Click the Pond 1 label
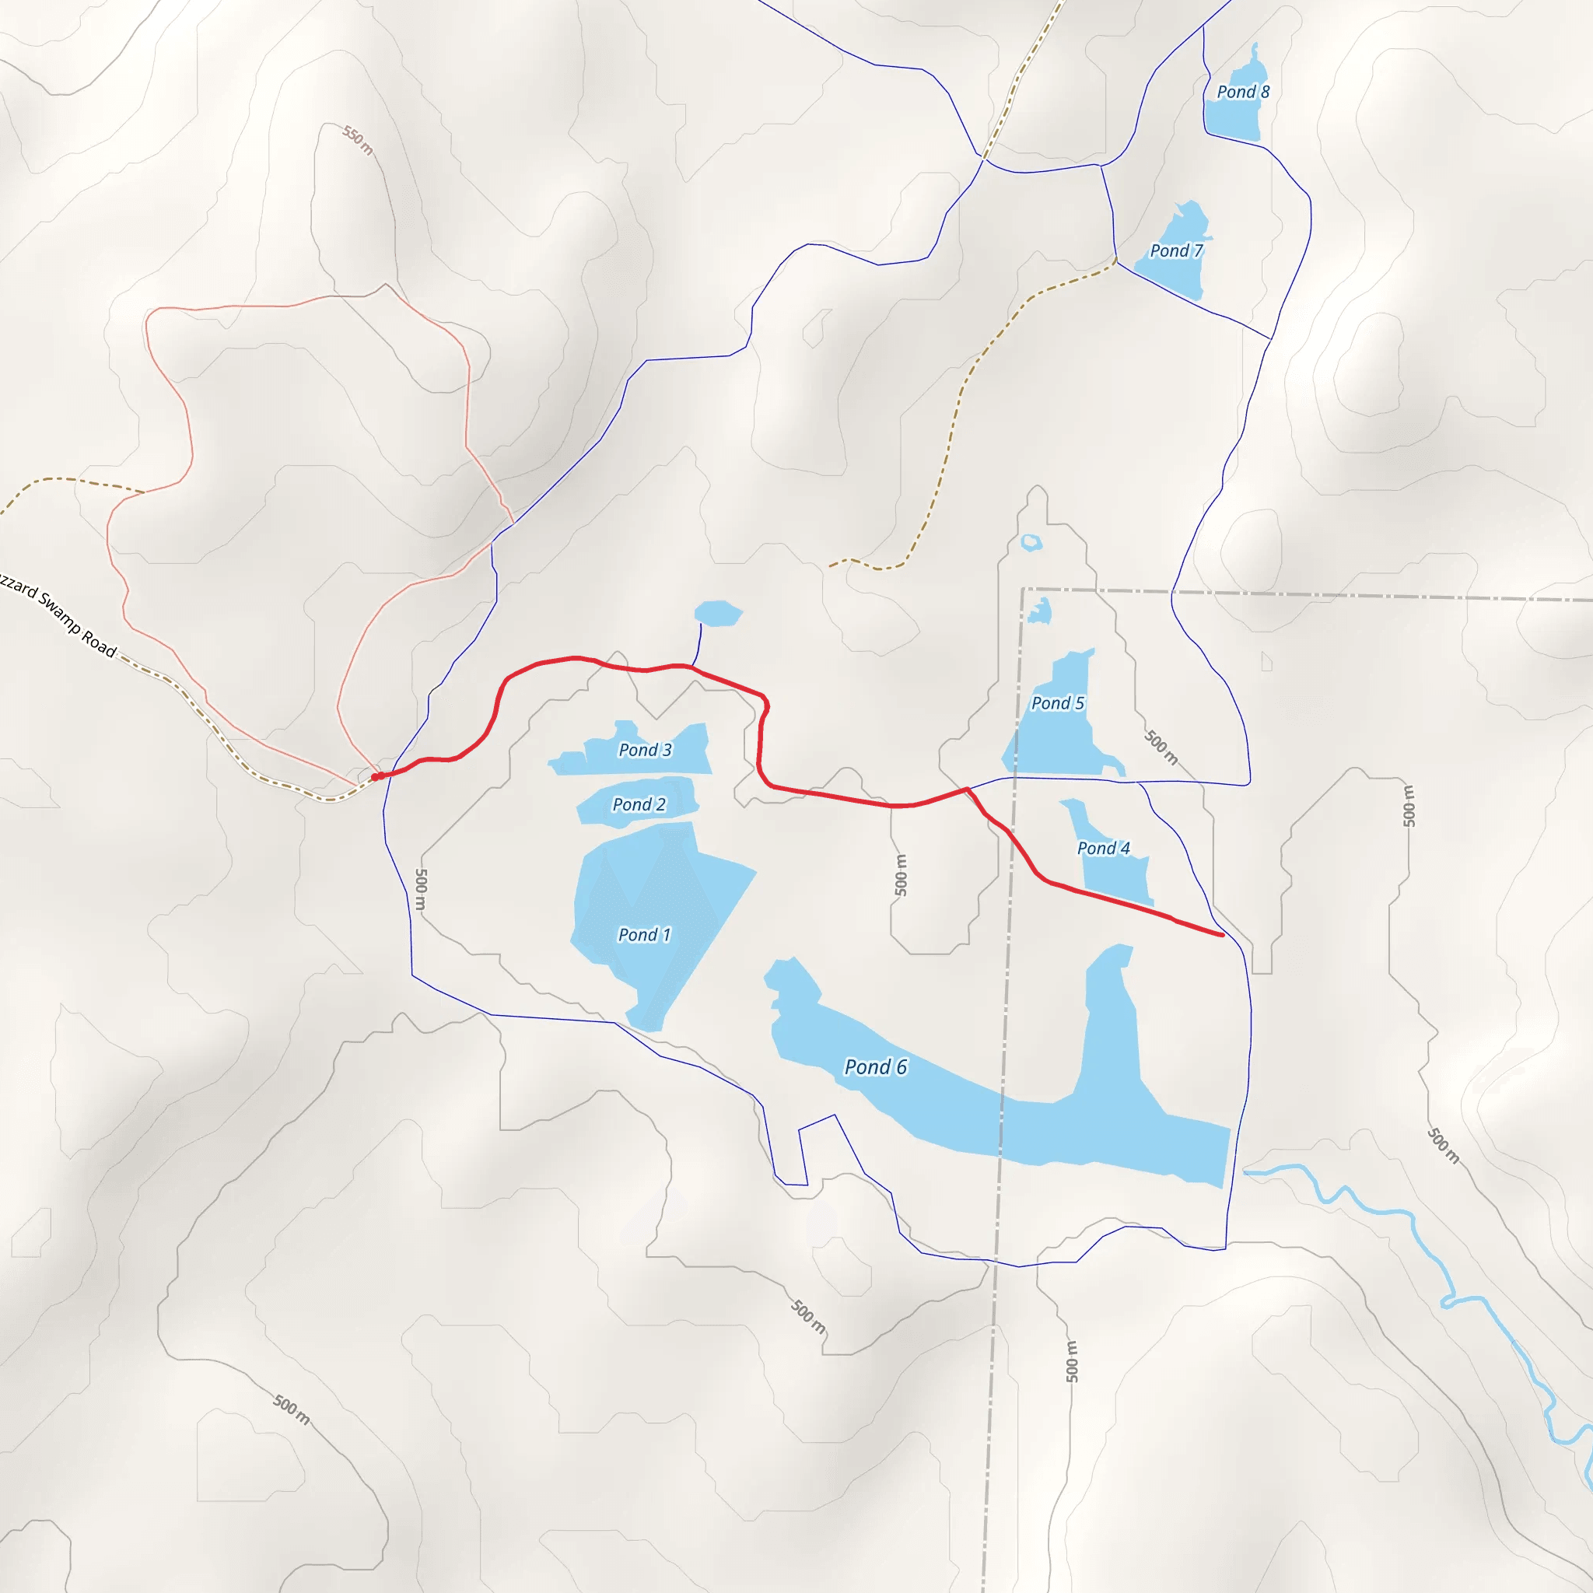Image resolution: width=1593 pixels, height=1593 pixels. (644, 934)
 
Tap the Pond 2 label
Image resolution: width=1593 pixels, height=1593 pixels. (638, 804)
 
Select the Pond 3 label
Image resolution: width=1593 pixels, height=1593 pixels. (645, 750)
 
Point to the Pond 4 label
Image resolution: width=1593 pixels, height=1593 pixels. (1103, 848)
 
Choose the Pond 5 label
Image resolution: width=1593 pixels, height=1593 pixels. (1057, 702)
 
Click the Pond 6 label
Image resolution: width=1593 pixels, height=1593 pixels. (875, 1067)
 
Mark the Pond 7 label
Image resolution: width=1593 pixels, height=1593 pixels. (1176, 250)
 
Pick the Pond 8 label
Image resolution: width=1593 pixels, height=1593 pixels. (1242, 92)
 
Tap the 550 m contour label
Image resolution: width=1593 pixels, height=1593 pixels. (358, 140)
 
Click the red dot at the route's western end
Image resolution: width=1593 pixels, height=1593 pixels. (375, 777)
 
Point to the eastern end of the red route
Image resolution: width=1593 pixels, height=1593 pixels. (1221, 935)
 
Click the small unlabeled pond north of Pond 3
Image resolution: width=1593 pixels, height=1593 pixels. (717, 614)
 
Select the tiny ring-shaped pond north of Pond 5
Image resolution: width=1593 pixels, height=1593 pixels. (1031, 543)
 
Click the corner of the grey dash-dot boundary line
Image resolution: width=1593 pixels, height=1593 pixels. (1024, 589)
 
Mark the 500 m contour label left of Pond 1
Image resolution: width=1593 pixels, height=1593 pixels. (421, 889)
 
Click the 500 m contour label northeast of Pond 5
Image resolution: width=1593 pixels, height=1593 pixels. (1161, 747)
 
